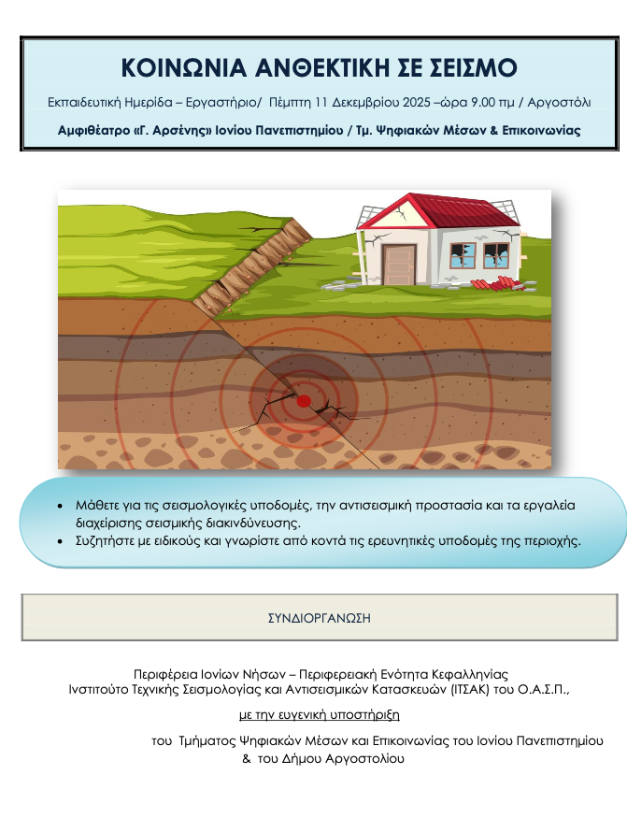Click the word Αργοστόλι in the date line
562,102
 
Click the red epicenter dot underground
304,400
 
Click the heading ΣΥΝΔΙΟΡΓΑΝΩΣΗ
320,618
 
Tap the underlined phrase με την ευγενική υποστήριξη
320,715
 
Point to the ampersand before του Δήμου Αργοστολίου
247,759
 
